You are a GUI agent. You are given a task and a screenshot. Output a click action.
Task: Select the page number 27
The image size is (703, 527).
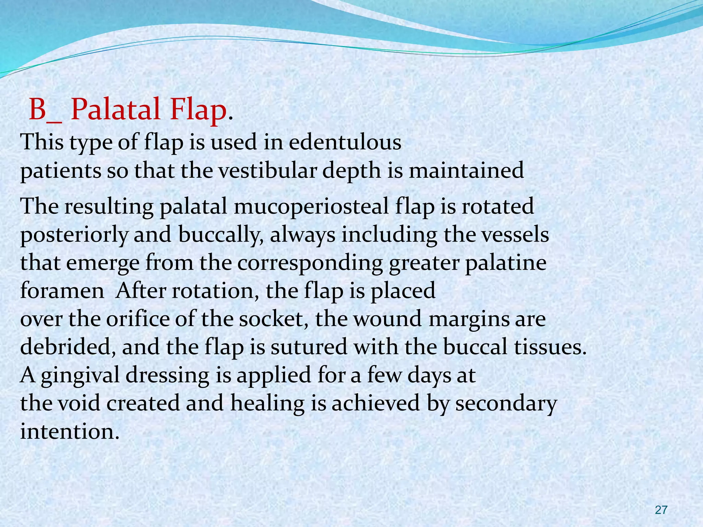pos(661,510)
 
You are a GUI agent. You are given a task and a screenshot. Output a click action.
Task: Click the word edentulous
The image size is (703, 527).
pos(345,142)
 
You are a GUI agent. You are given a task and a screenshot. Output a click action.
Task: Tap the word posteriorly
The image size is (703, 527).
pos(74,235)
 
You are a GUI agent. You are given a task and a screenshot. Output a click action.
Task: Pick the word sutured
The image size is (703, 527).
pos(309,347)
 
